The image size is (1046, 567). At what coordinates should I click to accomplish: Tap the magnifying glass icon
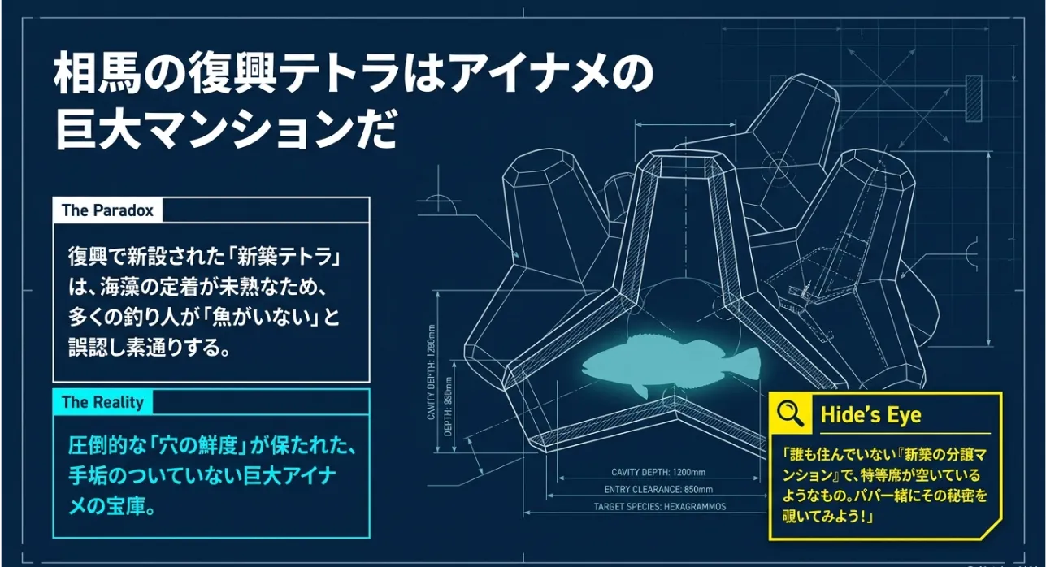[790, 414]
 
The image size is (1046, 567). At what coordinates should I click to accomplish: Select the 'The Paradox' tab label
[107, 210]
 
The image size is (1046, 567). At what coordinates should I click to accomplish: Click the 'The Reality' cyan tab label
[102, 402]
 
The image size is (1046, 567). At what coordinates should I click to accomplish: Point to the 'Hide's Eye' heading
[871, 414]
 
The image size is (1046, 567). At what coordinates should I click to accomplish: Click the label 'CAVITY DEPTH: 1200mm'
[658, 472]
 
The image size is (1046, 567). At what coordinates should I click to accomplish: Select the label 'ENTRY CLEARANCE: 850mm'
[658, 490]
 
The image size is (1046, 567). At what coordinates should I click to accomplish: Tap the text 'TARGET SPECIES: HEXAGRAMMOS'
[660, 507]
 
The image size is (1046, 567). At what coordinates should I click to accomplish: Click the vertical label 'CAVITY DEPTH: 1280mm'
[431, 372]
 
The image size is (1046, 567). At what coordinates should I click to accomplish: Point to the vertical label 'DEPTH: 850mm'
[449, 406]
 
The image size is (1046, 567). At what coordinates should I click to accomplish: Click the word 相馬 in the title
[97, 76]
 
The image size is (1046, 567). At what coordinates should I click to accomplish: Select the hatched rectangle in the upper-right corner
[974, 99]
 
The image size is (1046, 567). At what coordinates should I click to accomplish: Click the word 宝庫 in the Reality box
[127, 506]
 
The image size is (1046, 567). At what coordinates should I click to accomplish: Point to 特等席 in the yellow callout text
[888, 475]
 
